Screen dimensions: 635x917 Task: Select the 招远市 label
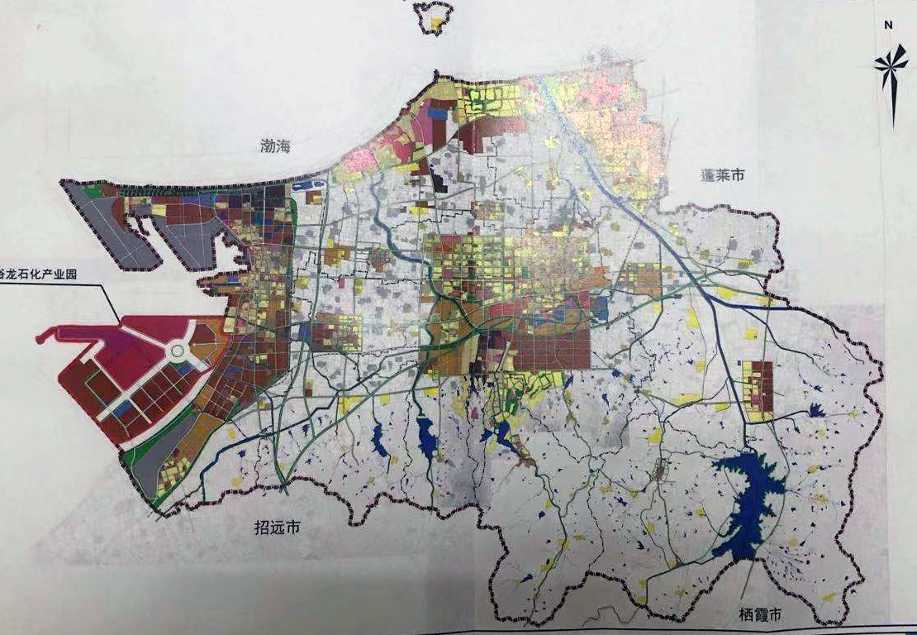pyautogui.click(x=277, y=528)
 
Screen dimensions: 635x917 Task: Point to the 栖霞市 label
pyautogui.click(x=761, y=615)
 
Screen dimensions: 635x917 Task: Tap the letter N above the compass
pyautogui.click(x=888, y=26)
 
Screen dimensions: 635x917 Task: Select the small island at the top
pyautogui.click(x=433, y=16)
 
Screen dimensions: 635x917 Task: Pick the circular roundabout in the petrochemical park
pyautogui.click(x=177, y=352)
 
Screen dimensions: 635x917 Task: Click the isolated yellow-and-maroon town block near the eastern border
pyautogui.click(x=758, y=390)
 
